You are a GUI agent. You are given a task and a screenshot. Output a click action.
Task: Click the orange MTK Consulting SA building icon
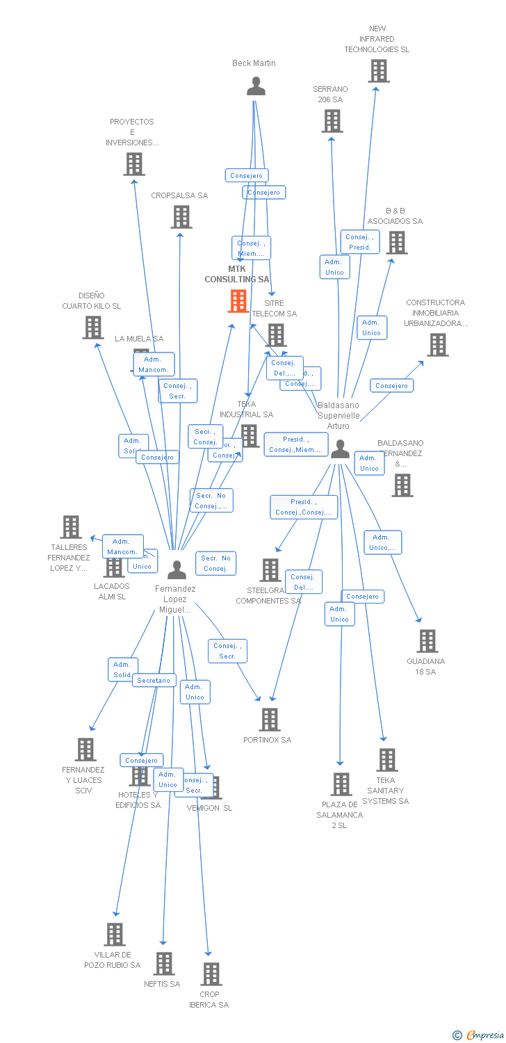pos(238,301)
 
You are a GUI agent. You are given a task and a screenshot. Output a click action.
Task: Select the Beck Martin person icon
pos(256,86)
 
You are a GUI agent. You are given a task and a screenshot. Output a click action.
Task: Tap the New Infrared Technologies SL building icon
pos(378,71)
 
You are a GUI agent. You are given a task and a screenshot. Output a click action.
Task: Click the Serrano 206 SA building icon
pos(332,121)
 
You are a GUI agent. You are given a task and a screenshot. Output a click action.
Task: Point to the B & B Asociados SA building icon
pos(396,243)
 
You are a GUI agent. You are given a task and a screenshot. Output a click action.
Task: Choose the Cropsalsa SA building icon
pos(181,217)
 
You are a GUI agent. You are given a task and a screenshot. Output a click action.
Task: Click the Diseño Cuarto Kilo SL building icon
pos(92,328)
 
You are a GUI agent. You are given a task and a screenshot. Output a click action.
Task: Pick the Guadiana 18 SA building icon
pos(427,641)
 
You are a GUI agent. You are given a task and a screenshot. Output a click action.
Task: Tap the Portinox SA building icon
pos(269,720)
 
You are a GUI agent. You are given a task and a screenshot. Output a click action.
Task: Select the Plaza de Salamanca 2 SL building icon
pos(341,784)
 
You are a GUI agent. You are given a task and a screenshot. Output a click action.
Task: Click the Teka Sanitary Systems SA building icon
pos(386,760)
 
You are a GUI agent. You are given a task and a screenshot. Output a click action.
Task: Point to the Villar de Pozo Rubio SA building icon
pos(115,935)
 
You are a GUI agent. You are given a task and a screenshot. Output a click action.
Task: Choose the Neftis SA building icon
pos(164,964)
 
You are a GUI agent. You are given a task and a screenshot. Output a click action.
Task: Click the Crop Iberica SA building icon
pos(211,974)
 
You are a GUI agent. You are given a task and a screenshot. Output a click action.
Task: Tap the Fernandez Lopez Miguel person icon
pos(177,570)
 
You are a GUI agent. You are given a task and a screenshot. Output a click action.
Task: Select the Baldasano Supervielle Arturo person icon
pos(340,449)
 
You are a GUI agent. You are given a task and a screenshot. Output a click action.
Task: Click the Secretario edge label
pos(154,681)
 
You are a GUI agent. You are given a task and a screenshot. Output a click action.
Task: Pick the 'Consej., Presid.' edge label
pos(360,242)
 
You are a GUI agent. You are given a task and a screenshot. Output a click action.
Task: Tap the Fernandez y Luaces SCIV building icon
pos(85,750)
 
